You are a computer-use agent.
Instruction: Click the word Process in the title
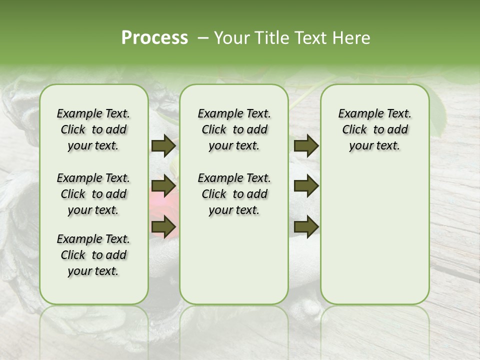[154, 38]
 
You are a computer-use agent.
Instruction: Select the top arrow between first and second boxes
[163, 146]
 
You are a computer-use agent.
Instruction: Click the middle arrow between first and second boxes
[163, 186]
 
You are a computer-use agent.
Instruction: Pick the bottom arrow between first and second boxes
[163, 226]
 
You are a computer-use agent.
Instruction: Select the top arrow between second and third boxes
[306, 146]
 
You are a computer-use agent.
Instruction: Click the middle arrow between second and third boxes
[306, 186]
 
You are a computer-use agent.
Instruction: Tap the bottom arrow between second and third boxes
[306, 226]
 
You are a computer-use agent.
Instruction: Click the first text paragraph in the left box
[93, 129]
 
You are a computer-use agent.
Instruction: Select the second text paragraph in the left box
[93, 194]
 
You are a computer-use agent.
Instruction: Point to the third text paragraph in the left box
[93, 255]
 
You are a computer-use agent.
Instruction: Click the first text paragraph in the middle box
[234, 129]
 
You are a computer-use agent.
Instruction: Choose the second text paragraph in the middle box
[234, 194]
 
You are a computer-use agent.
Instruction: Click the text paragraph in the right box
[374, 129]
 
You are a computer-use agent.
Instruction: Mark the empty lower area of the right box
[374, 235]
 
